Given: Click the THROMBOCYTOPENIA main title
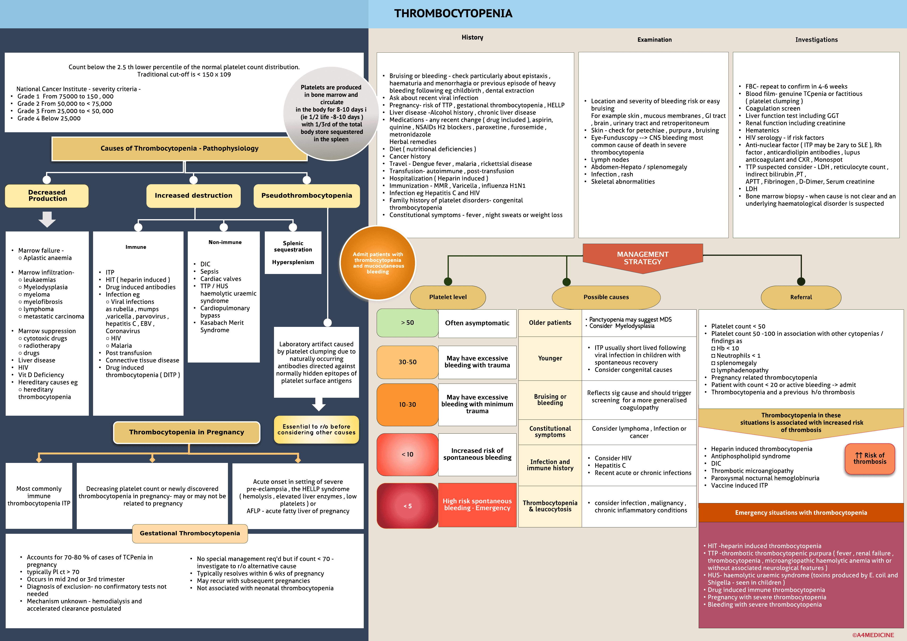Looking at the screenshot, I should [453, 13].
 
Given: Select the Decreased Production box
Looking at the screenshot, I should [47, 196].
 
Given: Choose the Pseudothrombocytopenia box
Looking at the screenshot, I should [307, 196].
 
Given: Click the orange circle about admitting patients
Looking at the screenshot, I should [378, 263].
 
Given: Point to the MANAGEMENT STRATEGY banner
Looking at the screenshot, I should [643, 258].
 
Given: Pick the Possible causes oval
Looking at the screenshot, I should [606, 297].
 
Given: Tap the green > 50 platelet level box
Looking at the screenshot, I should [407, 323].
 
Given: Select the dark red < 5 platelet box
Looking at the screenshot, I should [407, 506].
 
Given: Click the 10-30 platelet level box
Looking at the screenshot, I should [407, 404].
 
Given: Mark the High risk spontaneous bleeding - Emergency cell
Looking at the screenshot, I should [477, 505].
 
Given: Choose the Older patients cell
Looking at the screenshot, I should [550, 323].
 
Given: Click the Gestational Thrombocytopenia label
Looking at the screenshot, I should [190, 533].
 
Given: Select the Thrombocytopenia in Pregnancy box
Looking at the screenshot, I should [186, 432].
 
